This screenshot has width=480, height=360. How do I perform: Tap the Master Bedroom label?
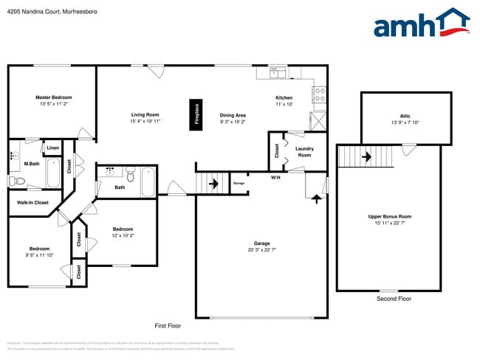(54, 97)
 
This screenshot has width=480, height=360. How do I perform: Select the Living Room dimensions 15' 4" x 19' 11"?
(145, 121)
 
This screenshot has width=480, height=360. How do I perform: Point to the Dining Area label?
(233, 115)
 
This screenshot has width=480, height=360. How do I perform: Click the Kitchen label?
(284, 97)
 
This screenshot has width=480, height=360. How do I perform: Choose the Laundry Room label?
(304, 151)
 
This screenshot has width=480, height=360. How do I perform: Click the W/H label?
(275, 177)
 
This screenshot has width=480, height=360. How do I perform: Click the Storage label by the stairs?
(239, 183)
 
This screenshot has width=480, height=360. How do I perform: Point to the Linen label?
(52, 148)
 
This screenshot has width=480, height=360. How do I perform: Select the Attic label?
(405, 116)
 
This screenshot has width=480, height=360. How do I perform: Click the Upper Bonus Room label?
(390, 216)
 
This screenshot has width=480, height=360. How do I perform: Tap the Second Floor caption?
(394, 299)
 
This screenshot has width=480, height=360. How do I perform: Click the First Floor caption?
(168, 325)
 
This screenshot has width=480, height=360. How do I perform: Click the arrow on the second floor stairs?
(366, 156)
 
